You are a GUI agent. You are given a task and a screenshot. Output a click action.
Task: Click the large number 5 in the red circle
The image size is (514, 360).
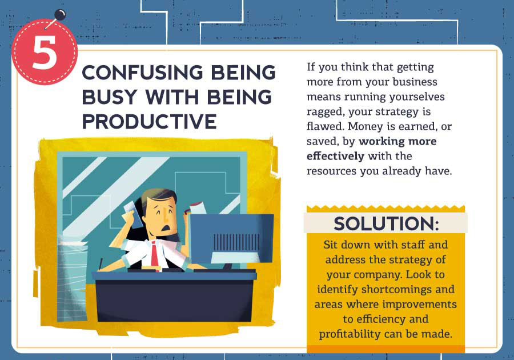(45, 53)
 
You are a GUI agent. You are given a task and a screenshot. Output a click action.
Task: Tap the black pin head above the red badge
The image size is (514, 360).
(60, 15)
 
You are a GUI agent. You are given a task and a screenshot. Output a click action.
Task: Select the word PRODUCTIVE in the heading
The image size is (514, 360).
(149, 122)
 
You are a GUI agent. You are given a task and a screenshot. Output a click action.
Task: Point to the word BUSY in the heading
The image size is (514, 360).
(109, 97)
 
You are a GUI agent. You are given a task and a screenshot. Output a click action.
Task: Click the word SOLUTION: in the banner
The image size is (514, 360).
(386, 223)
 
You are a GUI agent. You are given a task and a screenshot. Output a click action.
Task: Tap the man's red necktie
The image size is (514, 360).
(154, 254)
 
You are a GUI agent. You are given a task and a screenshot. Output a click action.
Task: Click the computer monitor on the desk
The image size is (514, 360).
(232, 239)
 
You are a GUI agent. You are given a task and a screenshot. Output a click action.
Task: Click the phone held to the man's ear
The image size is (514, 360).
(132, 214)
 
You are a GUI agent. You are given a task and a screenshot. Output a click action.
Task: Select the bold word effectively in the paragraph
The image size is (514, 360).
(335, 156)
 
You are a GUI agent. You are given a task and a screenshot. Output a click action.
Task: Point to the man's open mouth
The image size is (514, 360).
(167, 227)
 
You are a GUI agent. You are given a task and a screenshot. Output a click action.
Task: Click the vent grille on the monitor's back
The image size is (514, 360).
(236, 243)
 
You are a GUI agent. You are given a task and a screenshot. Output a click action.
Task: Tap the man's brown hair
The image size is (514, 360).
(158, 196)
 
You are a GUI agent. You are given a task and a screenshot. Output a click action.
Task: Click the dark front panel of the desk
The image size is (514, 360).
(174, 301)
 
